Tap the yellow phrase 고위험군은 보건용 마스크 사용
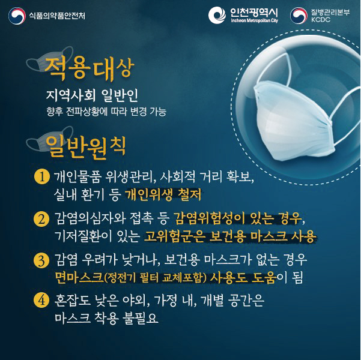(x=229, y=235)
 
